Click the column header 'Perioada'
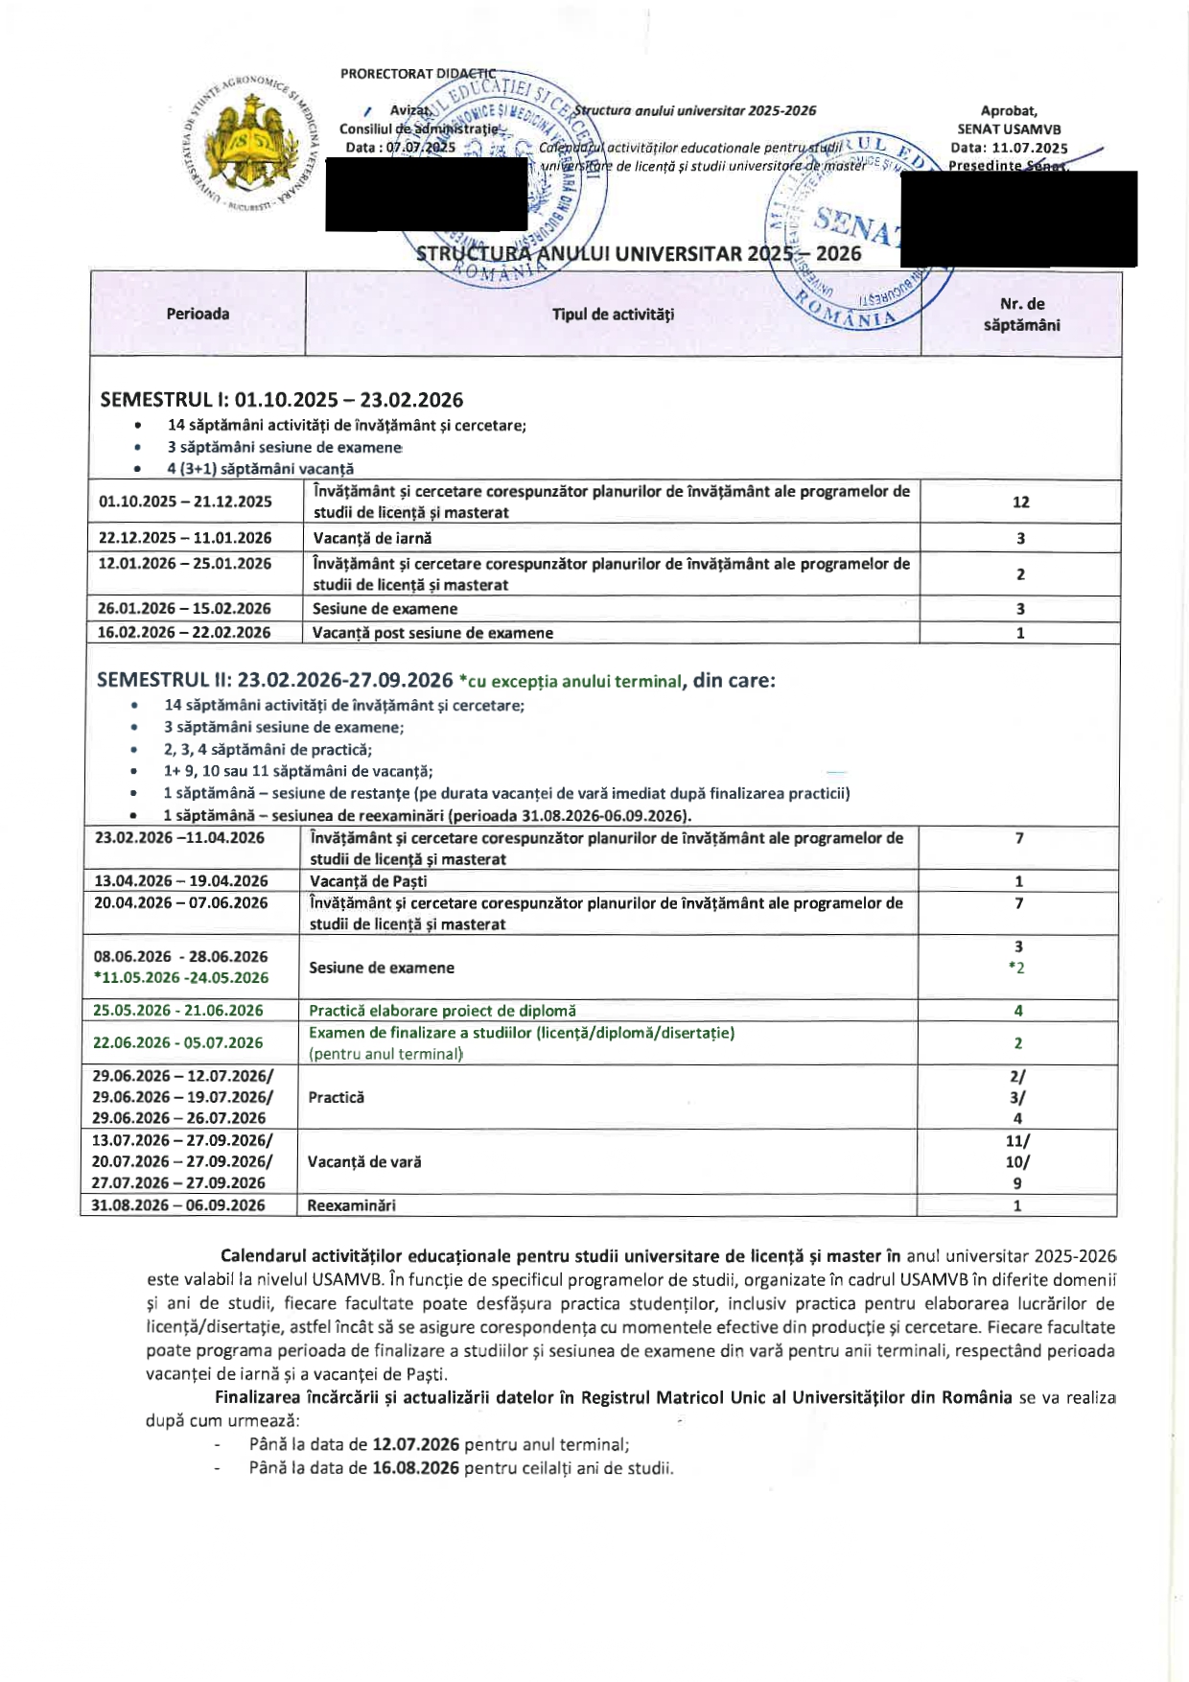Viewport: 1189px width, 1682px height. [x=198, y=314]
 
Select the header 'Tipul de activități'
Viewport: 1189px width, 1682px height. [x=613, y=314]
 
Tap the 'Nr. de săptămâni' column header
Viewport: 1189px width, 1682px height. [x=1021, y=315]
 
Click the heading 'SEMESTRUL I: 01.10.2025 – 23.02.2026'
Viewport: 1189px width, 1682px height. [x=282, y=400]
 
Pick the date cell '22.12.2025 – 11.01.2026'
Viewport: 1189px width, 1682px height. [x=185, y=538]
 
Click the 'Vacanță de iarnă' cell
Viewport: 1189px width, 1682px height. [x=372, y=538]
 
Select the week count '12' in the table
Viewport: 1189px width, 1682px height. [x=1020, y=502]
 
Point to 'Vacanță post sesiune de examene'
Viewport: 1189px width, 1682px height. [x=432, y=633]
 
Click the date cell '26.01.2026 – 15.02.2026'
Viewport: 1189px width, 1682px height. [x=184, y=608]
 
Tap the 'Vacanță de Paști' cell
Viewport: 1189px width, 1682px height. [x=368, y=880]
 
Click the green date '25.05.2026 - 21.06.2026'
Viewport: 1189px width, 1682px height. [x=177, y=1010]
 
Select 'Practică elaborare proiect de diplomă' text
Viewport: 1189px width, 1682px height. [x=442, y=1010]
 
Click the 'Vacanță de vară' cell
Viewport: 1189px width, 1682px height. [x=364, y=1161]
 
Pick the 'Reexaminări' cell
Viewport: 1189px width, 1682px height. [x=351, y=1205]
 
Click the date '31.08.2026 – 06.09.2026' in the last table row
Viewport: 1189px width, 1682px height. [x=178, y=1205]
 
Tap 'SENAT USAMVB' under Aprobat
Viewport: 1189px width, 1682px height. [x=1009, y=129]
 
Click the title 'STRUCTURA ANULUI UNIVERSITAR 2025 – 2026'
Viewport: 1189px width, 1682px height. [x=639, y=254]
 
